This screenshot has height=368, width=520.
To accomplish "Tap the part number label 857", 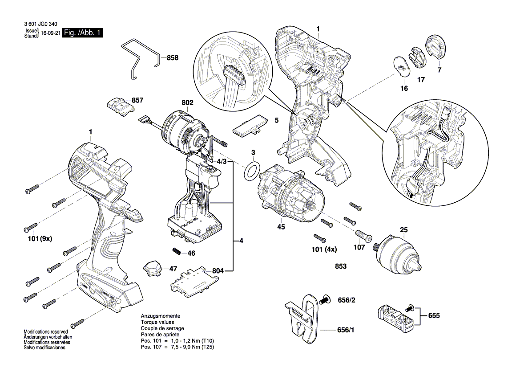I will point(138,101).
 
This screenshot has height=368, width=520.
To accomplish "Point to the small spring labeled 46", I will point(177,251).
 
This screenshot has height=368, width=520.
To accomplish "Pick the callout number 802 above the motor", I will point(187,102).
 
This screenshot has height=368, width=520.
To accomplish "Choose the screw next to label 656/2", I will point(325,300).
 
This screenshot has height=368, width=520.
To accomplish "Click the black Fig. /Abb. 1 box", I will point(82,33).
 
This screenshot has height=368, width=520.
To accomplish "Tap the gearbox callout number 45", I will point(281,227).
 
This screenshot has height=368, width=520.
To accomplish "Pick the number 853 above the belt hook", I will point(341,266).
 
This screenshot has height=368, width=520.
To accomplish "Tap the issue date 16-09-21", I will point(50,33).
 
